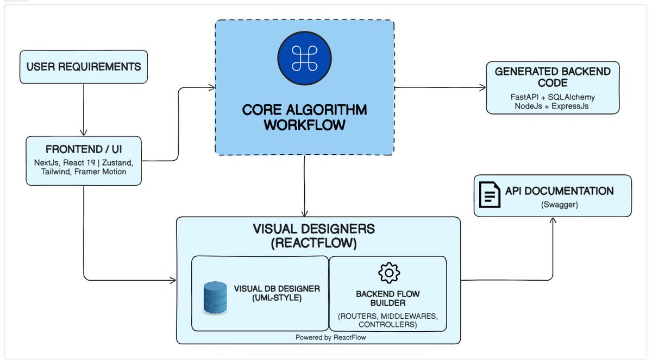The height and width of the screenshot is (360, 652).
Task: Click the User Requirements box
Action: [x=84, y=67]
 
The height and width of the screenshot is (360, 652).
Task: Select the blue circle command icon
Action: [x=304, y=58]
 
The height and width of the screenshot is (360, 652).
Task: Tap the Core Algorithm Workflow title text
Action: [x=304, y=117]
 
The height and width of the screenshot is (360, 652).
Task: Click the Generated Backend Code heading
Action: [x=553, y=77]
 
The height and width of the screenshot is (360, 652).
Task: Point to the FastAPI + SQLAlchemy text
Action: [x=553, y=97]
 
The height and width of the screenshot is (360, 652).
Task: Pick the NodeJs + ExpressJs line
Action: [x=551, y=106]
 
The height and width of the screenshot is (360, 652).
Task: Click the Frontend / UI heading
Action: [x=84, y=149]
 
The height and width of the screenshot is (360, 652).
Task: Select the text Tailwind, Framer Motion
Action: [x=84, y=172]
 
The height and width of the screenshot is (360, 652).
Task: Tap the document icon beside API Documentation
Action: [x=490, y=194]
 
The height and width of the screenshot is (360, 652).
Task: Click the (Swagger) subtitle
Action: [x=560, y=205]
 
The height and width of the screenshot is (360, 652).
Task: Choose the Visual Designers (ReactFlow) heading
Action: [x=314, y=236]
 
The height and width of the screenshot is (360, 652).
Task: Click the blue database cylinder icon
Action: [x=215, y=297]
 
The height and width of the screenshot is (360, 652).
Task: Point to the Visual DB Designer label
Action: [x=277, y=293]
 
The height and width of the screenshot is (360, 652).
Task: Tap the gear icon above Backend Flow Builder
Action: [x=389, y=273]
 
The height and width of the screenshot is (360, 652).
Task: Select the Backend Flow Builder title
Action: [x=388, y=298]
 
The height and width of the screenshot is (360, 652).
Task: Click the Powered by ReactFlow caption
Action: [x=331, y=337]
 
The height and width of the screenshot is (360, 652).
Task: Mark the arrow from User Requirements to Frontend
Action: [x=84, y=110]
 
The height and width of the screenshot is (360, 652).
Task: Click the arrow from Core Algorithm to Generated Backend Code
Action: [x=440, y=87]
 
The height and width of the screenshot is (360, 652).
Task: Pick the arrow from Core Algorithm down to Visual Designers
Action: [x=304, y=186]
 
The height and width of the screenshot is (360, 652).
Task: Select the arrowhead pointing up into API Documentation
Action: [x=553, y=220]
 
